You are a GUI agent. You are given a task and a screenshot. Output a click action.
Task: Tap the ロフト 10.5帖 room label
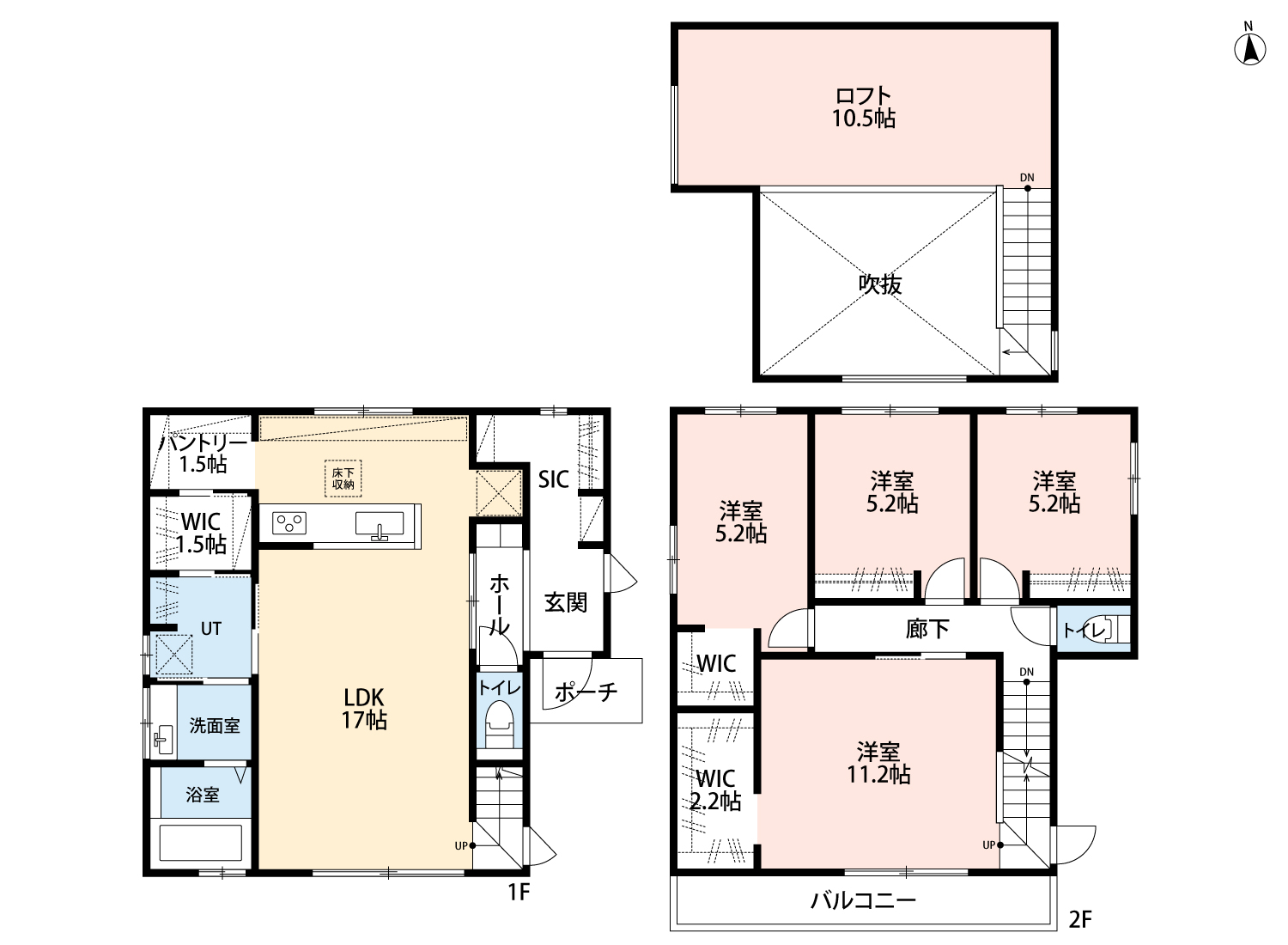click(864, 107)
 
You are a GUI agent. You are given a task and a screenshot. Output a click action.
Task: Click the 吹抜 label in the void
click(880, 284)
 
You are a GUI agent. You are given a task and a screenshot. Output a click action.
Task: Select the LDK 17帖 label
click(364, 709)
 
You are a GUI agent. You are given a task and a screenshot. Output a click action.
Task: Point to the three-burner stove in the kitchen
click(289, 523)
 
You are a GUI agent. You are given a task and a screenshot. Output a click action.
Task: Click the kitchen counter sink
click(380, 525)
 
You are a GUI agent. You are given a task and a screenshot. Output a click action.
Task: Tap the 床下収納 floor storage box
click(343, 479)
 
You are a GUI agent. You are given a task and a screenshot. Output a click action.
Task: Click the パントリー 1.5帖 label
click(203, 454)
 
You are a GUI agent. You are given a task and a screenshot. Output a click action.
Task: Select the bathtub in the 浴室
click(201, 843)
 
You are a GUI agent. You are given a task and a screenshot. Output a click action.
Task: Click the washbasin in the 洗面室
click(163, 739)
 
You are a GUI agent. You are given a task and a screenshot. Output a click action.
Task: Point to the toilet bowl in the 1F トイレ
click(499, 723)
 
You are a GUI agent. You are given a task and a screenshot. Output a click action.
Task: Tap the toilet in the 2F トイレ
click(1114, 629)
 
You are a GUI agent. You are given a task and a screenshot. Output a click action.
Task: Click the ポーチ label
click(586, 692)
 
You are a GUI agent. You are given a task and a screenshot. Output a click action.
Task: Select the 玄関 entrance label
click(566, 603)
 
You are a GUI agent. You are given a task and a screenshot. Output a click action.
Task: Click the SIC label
click(554, 479)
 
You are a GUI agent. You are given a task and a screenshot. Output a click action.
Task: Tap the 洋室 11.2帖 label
click(878, 763)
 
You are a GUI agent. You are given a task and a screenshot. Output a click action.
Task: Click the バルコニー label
click(863, 900)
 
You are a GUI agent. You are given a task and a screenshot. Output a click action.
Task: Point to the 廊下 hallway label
click(927, 629)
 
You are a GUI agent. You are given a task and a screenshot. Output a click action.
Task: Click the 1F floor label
click(518, 892)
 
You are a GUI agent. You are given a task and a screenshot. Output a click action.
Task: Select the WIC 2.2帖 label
click(715, 790)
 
